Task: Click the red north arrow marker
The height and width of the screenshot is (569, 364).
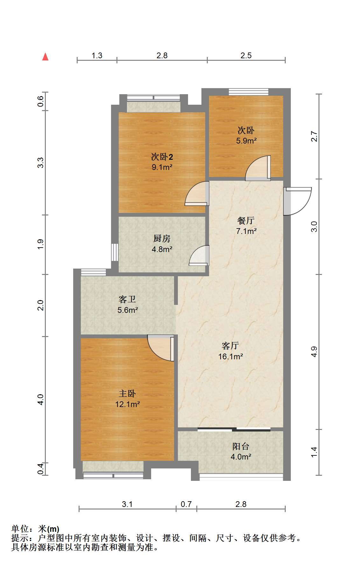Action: (45, 57)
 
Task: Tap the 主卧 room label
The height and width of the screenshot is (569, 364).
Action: (127, 394)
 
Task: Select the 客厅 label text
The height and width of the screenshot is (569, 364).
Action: (230, 346)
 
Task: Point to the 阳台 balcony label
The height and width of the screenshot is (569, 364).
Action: (241, 446)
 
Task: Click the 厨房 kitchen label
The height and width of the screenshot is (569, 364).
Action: (162, 238)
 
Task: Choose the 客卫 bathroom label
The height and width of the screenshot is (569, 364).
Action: (127, 299)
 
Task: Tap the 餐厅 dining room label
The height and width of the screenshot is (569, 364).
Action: (246, 220)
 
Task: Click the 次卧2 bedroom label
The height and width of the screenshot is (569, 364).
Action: (162, 157)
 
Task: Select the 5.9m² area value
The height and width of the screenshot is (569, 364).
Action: (246, 140)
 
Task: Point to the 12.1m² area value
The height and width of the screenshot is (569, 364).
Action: (128, 404)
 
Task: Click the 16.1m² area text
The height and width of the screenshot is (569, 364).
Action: (231, 356)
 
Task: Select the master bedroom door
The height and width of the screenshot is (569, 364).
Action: (161, 348)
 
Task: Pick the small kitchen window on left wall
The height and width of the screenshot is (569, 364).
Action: (115, 252)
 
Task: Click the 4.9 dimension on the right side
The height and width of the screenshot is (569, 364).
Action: (314, 352)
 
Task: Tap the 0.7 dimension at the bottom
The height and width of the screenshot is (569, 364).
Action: (186, 504)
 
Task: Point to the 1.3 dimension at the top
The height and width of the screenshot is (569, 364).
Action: (97, 55)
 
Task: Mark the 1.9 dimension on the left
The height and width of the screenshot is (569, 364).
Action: (40, 244)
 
